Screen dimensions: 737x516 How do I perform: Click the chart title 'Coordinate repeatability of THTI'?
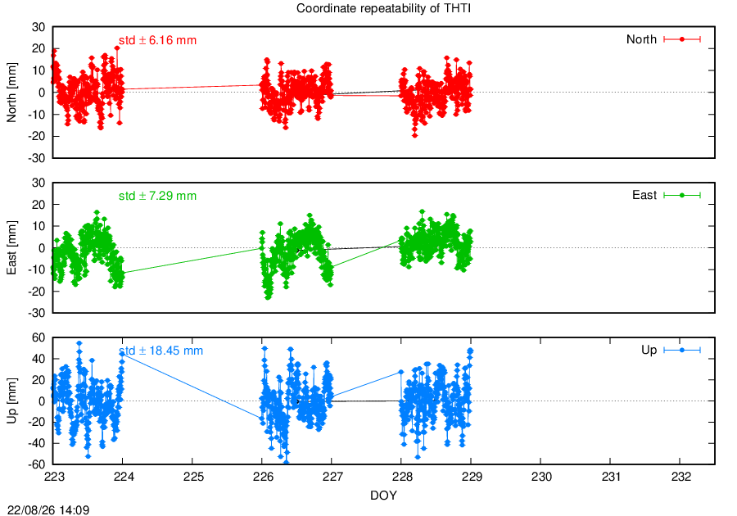(383, 8)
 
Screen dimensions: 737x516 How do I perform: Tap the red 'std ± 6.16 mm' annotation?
(157, 40)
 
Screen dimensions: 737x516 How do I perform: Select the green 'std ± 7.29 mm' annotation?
(157, 196)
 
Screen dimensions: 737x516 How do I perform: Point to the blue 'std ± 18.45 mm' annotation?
(161, 351)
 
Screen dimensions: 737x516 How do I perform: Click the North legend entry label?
(641, 39)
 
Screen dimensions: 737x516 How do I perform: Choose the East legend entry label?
(644, 195)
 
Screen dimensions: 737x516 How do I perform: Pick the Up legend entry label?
(649, 350)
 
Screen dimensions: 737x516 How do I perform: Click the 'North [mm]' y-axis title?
(11, 93)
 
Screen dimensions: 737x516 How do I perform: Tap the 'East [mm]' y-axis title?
(11, 247)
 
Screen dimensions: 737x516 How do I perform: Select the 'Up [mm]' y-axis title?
(11, 401)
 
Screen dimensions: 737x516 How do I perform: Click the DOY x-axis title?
(383, 496)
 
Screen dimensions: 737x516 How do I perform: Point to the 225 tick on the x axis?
(193, 477)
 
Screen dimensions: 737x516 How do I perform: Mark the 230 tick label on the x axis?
(541, 477)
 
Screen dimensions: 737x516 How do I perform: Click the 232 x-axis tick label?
(681, 477)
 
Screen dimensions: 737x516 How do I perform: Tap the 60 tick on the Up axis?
(38, 337)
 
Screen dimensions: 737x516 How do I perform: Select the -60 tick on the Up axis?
(37, 464)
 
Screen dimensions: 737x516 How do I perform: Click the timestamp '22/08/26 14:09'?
(48, 510)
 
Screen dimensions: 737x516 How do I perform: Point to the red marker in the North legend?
(682, 39)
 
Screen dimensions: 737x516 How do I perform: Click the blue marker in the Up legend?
(682, 350)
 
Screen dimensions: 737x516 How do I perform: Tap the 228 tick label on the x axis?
(402, 477)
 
